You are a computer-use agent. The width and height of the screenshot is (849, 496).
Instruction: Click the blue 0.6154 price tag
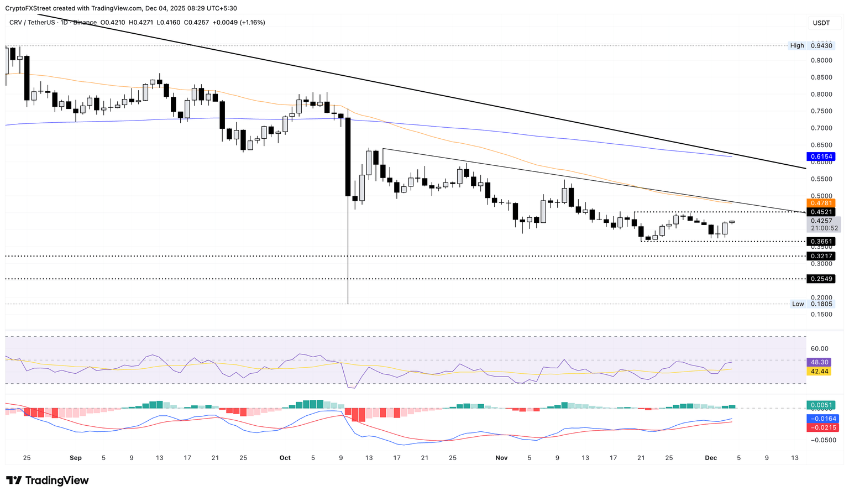821,156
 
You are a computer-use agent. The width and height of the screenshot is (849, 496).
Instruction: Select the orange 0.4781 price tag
821,203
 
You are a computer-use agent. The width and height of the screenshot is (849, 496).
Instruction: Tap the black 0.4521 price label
821,212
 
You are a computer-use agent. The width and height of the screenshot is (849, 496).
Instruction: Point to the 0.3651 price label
821,242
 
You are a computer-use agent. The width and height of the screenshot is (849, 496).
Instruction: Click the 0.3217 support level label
821,256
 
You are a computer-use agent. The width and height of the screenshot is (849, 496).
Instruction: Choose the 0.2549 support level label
821,279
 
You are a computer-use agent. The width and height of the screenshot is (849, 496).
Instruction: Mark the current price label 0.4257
821,221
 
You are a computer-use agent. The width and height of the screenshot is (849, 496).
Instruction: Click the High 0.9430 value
821,45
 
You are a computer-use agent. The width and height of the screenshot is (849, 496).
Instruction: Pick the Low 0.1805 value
821,304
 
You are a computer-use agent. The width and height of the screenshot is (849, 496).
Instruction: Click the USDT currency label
821,23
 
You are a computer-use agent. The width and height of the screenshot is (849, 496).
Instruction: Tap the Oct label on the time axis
285,458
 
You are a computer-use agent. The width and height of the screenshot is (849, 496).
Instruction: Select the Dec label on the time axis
711,458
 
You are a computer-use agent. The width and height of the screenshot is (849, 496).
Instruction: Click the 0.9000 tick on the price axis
821,60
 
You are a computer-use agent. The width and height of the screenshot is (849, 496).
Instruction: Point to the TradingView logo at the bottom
48,481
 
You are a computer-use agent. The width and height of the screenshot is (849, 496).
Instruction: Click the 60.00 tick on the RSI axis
820,348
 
